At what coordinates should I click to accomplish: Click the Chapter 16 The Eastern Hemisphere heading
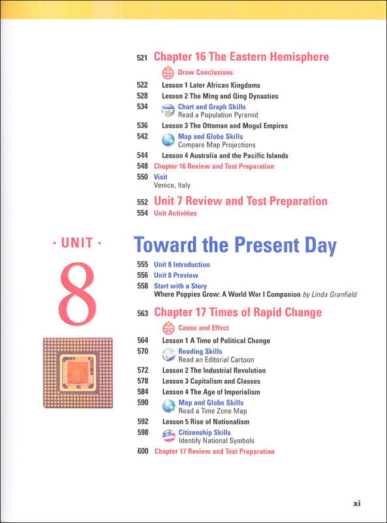pos(241,58)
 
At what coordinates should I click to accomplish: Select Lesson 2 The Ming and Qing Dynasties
pos(220,96)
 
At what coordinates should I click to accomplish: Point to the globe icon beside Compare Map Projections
pos(168,141)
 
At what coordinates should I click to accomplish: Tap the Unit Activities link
pos(175,213)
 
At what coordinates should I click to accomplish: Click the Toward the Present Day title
pos(236,246)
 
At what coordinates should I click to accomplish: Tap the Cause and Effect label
pos(204,328)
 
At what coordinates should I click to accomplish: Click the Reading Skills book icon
pos(168,355)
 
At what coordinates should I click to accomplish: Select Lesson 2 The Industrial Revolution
pos(213,371)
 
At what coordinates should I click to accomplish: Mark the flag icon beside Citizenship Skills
pos(168,437)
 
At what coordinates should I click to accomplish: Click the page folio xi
pos(356,503)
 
